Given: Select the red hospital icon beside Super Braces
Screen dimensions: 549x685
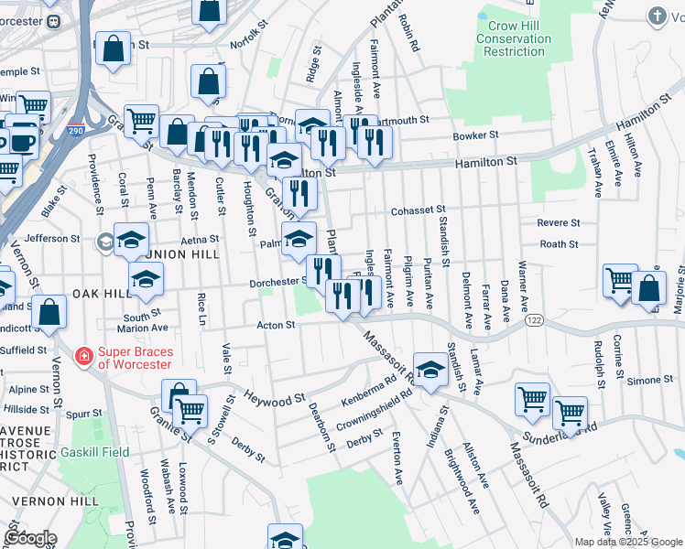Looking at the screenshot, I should point(83,354).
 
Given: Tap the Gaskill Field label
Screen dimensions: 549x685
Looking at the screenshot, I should point(96,452).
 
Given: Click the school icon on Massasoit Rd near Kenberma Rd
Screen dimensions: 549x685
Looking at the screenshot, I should point(428,369).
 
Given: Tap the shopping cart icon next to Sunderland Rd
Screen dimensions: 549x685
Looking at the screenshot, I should point(570,413).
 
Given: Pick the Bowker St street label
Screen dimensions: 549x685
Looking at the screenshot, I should point(476,135).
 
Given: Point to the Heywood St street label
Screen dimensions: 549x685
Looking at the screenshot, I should point(275,400).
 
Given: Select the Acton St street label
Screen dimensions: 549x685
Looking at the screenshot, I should point(275,324).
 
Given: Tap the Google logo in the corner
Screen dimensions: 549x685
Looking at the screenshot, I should point(29,537).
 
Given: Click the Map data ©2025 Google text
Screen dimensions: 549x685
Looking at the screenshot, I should point(628,542).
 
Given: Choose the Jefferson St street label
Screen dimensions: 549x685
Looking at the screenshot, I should point(52,238).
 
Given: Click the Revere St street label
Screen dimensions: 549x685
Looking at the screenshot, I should point(558,222).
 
